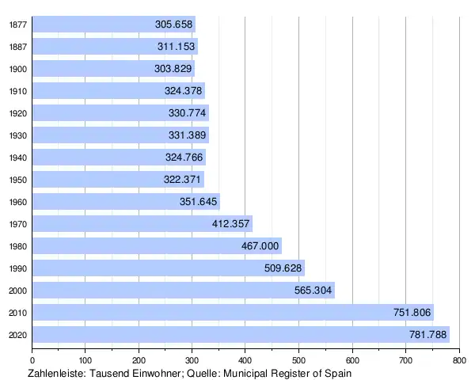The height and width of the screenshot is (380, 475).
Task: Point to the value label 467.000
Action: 260,246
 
